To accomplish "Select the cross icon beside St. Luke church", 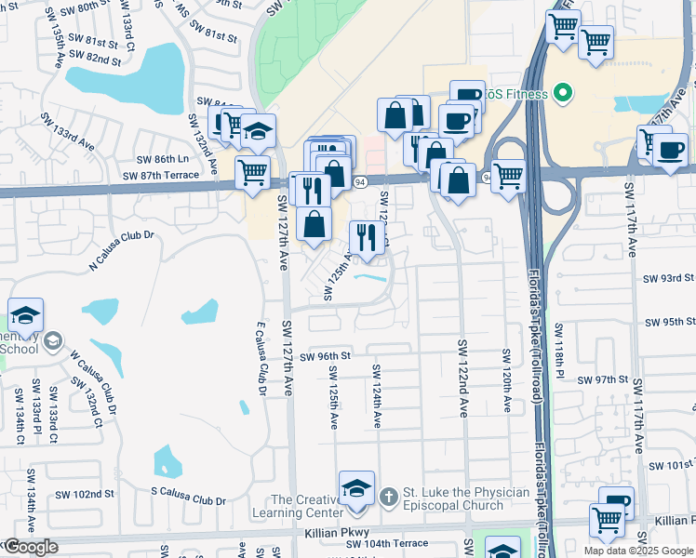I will click(391, 493).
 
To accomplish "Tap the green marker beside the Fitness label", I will click(561, 93).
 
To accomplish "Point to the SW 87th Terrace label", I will click(167, 175).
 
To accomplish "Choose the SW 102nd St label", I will click(85, 494).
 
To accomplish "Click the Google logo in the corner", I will click(30, 548).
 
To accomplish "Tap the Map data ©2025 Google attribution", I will click(638, 551).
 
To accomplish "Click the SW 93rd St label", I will click(669, 278).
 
